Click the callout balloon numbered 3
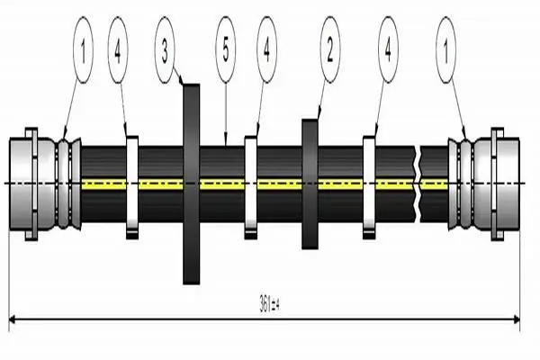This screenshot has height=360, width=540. click(x=165, y=50)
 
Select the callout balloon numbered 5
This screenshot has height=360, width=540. click(x=226, y=50)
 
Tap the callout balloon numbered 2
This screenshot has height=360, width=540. click(x=330, y=50)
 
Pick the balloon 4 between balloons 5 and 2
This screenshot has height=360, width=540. click(x=266, y=50)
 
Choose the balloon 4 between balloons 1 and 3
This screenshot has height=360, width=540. click(x=118, y=50)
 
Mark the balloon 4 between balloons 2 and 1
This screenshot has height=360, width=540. click(x=388, y=50)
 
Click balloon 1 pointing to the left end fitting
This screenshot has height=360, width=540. click(x=83, y=50)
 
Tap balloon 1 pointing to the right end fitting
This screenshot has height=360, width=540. click(x=446, y=50)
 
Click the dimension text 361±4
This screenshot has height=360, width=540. click(x=269, y=304)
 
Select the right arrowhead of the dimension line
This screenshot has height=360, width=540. click(x=517, y=319)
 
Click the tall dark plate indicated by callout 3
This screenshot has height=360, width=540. click(x=191, y=184)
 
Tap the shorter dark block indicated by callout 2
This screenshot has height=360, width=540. click(x=310, y=184)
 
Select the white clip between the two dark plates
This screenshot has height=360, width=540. click(x=251, y=187)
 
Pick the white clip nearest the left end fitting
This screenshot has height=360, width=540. click(x=132, y=187)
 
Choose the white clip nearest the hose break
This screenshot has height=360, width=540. click(x=369, y=187)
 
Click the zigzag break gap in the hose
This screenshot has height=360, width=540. click(x=417, y=184)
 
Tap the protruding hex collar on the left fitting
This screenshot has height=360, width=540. click(x=31, y=184)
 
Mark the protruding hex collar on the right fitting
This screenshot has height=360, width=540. click(x=498, y=184)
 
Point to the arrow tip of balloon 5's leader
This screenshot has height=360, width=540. click(x=226, y=146)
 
